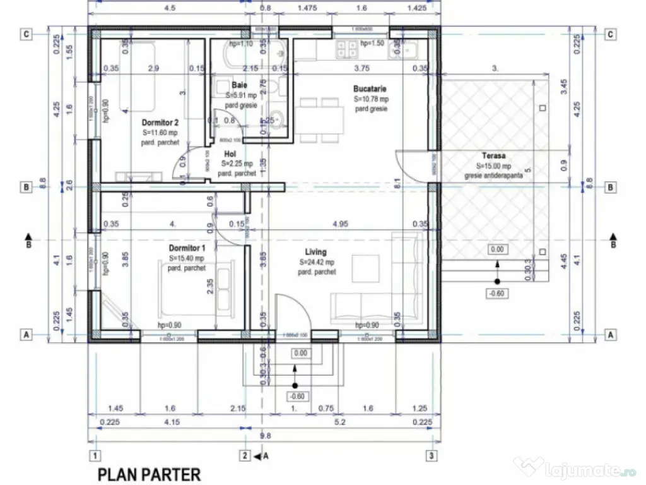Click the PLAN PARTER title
tap(149, 474)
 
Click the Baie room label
tap(239, 85)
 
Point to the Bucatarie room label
tap(370, 89)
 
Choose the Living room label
tap(315, 253)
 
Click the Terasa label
tap(494, 155)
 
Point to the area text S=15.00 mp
tap(495, 166)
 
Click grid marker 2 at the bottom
tap(244, 455)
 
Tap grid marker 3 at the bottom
tap(430, 455)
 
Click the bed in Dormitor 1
tap(184, 287)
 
